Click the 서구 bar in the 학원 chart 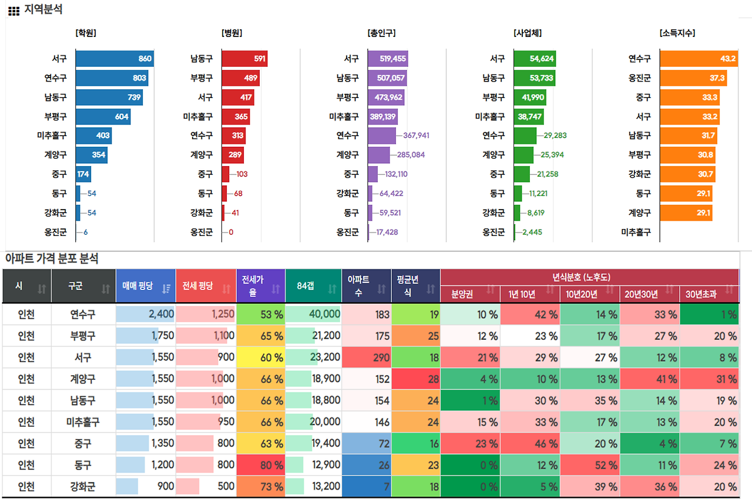coord(115,59)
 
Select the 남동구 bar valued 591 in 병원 coord(244,59)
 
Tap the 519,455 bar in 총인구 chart coord(388,59)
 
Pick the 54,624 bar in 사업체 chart coord(534,59)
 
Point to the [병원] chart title coord(232,33)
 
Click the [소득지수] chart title coord(677,33)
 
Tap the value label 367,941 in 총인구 coord(416,136)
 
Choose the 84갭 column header coord(306,286)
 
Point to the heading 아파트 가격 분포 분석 coord(52,258)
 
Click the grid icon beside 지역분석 coord(14,11)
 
